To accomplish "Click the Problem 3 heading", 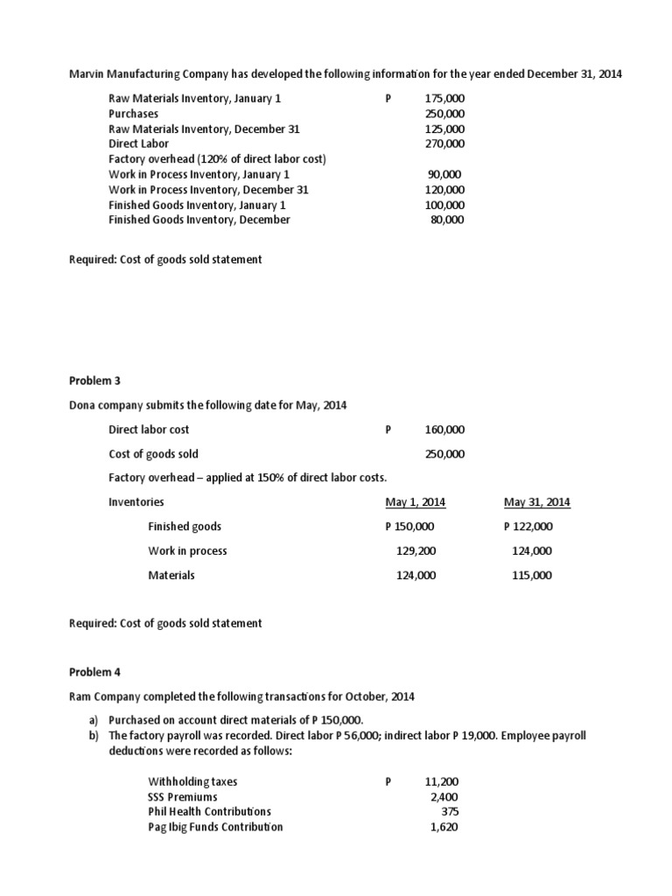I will (x=94, y=381).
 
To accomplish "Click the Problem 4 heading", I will (x=94, y=672).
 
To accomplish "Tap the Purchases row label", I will (x=134, y=114).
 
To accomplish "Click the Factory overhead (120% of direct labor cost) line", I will (x=217, y=159).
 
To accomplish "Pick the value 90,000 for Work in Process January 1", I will (x=446, y=174).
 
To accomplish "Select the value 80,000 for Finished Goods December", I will (x=447, y=220).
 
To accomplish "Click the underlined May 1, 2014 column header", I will (x=416, y=502).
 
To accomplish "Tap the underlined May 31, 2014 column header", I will (x=537, y=502).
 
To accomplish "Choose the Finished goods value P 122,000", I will (x=528, y=527).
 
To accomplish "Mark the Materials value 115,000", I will (x=532, y=576).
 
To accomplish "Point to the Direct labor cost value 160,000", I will (x=444, y=430).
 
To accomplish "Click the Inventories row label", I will (x=136, y=502).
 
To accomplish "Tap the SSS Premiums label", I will (x=183, y=796).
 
